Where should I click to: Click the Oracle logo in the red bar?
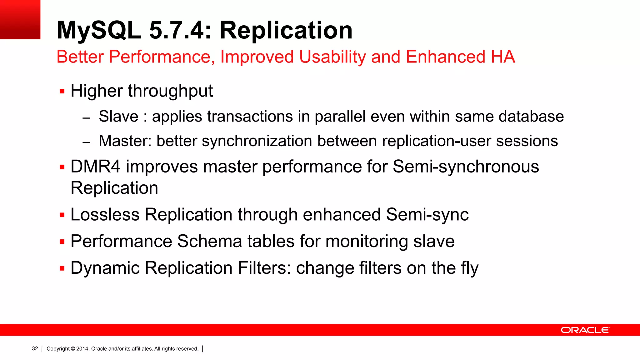click(x=585, y=330)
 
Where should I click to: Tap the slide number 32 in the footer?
click(x=35, y=348)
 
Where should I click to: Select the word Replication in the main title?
click(x=286, y=30)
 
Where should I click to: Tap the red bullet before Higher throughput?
click(x=62, y=92)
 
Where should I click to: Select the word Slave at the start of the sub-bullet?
click(x=118, y=117)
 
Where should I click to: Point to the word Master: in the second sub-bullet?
click(x=125, y=141)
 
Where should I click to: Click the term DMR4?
click(x=95, y=167)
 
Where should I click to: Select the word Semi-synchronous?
click(x=466, y=167)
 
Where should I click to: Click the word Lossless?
click(x=105, y=215)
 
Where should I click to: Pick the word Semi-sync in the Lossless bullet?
click(x=427, y=215)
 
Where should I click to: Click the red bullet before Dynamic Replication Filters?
click(x=62, y=268)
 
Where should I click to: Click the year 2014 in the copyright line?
click(x=82, y=348)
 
